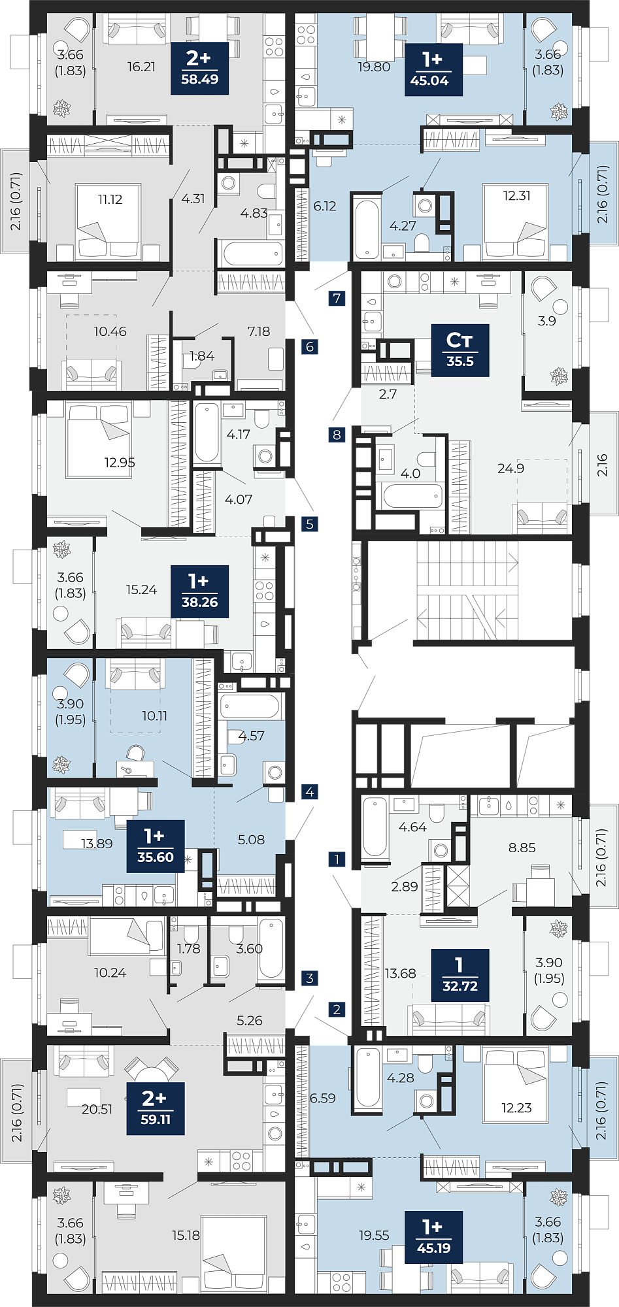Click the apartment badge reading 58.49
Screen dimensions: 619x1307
point(199,68)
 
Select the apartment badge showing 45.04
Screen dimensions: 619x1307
point(433,69)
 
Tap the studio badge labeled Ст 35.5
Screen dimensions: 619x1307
point(460,350)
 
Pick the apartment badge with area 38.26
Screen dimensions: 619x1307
point(199,591)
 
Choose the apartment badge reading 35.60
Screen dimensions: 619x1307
point(156,847)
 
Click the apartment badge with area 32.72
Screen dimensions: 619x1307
point(460,975)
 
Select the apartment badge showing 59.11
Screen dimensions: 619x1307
point(156,1108)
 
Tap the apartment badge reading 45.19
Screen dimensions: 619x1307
point(433,1237)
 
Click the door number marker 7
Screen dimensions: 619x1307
point(337,299)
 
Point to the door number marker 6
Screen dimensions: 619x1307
point(310,347)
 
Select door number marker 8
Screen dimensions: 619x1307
point(337,435)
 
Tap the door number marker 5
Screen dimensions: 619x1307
point(310,523)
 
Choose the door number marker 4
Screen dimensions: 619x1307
point(310,792)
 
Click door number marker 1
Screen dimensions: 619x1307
point(337,859)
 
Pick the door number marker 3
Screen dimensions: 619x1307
point(310,978)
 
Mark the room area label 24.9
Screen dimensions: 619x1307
point(510,468)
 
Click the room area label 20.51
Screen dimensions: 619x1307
point(97,1109)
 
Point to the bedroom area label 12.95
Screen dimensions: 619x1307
point(120,463)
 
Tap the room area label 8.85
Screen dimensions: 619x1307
point(522,848)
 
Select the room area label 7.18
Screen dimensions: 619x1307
point(259,331)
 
